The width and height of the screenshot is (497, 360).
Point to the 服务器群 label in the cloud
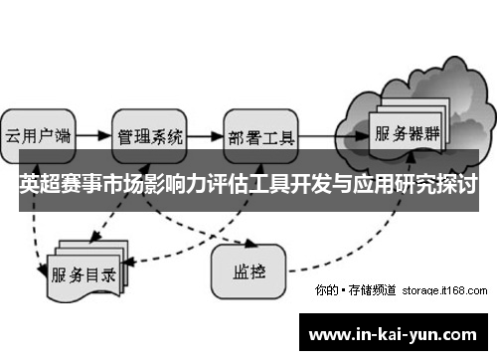[407, 132]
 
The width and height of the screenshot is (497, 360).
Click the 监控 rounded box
[248, 268]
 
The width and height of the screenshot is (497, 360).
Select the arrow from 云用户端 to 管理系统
[92, 132]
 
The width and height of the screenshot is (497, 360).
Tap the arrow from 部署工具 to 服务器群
[334, 132]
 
